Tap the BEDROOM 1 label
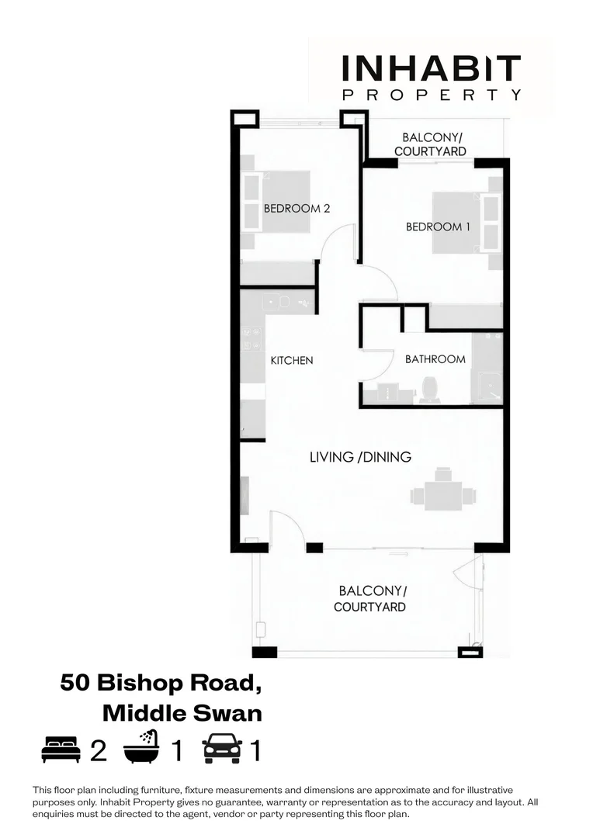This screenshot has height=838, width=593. (x=439, y=227)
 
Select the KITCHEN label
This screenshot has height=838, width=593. (x=291, y=360)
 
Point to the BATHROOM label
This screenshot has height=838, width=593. (x=435, y=359)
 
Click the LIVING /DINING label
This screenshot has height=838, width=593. (x=360, y=457)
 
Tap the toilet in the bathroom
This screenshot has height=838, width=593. (x=428, y=389)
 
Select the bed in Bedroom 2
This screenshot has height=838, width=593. (x=277, y=202)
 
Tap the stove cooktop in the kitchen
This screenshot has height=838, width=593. (x=252, y=338)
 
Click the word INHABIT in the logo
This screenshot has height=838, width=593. (x=432, y=68)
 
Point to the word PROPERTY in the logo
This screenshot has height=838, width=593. (x=432, y=95)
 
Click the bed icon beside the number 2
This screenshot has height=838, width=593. (x=61, y=750)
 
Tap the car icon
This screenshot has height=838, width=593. (x=222, y=749)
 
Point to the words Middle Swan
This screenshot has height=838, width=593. (x=182, y=712)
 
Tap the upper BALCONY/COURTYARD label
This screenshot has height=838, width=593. (x=430, y=144)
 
